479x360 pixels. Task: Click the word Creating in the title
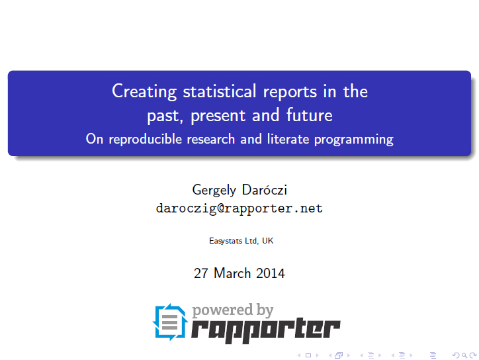[144, 91]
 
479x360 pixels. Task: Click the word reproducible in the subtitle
[146, 140]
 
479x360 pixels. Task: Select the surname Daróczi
[265, 190]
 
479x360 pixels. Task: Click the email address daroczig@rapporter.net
[239, 208]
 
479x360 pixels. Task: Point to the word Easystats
[226, 241]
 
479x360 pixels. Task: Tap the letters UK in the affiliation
[267, 241]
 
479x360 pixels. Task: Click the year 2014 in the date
[270, 273]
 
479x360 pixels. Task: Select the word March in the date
[232, 273]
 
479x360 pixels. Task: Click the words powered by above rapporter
[232, 310]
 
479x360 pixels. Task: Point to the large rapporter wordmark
[265, 330]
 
